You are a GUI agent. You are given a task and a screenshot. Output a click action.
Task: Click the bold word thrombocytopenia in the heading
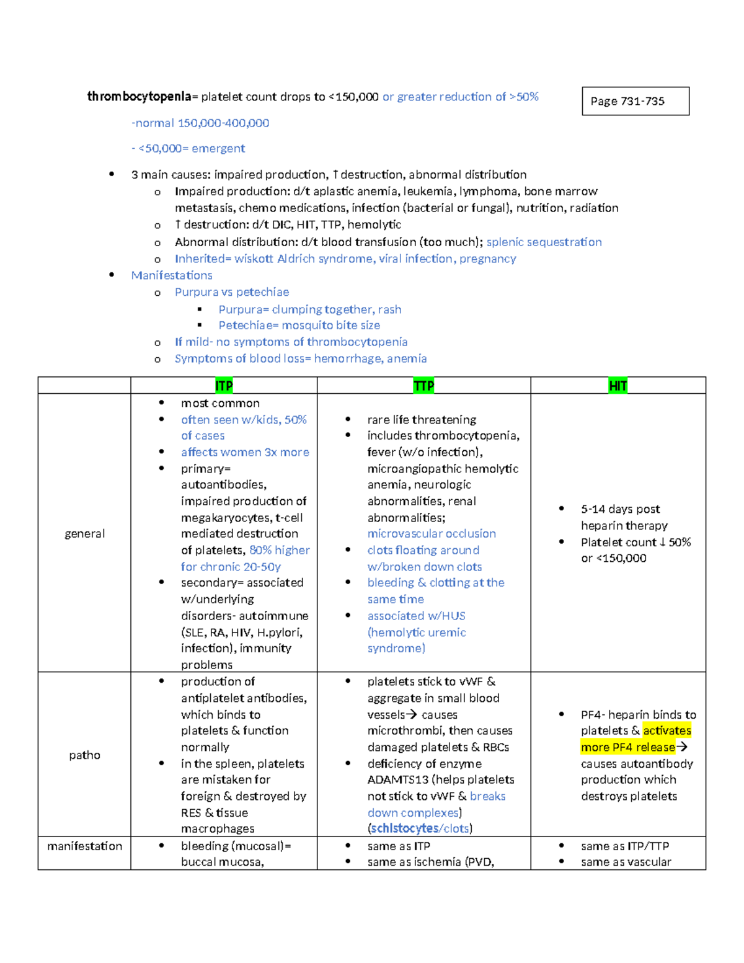click(139, 97)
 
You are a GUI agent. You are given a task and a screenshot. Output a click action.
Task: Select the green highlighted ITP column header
click(224, 386)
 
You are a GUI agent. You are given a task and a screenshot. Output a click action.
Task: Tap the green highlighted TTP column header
click(423, 386)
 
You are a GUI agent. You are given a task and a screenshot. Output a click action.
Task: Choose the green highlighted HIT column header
click(618, 386)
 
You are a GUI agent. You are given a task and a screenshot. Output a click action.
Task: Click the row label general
click(84, 533)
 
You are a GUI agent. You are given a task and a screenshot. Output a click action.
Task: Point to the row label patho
click(84, 755)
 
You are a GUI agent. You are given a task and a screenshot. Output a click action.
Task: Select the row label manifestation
click(84, 846)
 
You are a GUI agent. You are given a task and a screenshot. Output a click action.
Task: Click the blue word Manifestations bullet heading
click(172, 275)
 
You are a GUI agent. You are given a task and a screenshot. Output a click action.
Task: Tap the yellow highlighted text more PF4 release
click(627, 747)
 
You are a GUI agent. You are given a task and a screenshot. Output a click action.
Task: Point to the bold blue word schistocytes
click(404, 828)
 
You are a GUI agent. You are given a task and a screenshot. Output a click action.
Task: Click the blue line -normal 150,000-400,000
click(200, 123)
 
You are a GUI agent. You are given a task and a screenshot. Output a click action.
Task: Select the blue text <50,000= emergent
click(192, 148)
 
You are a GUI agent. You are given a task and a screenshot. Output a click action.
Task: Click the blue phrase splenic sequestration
click(544, 242)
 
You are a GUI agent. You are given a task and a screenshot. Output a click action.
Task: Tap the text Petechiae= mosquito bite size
click(299, 325)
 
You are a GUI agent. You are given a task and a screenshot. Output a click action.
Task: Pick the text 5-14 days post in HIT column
click(620, 509)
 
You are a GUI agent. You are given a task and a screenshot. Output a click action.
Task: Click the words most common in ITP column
click(220, 403)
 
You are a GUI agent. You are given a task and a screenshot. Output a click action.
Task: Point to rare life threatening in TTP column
click(422, 420)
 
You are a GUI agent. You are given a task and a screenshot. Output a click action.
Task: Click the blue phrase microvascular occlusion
click(432, 533)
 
